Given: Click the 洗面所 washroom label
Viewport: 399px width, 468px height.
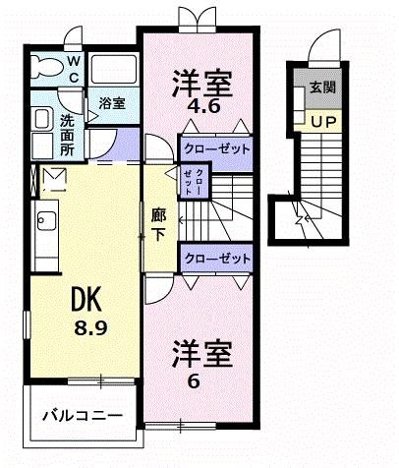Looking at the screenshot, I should click(67, 135).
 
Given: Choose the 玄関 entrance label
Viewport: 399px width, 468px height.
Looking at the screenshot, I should click(320, 88).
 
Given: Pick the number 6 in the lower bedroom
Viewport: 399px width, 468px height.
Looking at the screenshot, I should click(194, 381).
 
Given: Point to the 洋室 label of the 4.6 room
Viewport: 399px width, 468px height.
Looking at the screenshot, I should click(204, 81).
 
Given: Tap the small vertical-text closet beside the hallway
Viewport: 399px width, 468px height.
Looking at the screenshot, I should click(194, 183).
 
